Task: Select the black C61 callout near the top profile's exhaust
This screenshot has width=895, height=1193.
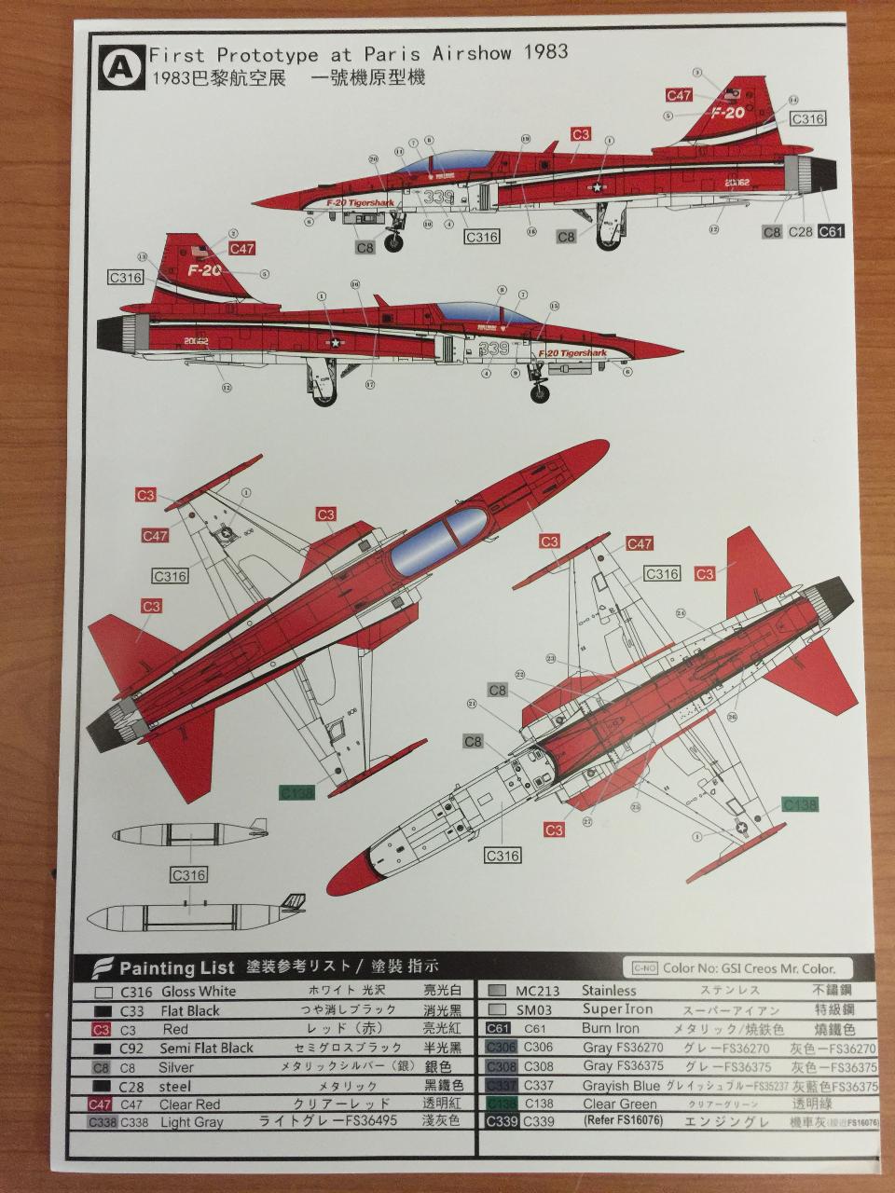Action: pyautogui.click(x=831, y=231)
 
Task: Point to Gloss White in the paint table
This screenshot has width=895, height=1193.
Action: pyautogui.click(x=199, y=991)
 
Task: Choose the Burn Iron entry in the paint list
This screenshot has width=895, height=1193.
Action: pyautogui.click(x=611, y=1028)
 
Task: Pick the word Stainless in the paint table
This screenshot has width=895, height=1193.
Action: pyautogui.click(x=609, y=990)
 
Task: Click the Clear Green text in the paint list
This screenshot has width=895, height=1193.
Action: pyautogui.click(x=620, y=1104)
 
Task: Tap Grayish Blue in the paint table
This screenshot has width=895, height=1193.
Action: pyautogui.click(x=621, y=1085)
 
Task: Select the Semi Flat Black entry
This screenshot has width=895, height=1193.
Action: pyautogui.click(x=207, y=1048)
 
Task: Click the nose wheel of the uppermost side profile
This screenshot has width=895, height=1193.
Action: pyautogui.click(x=394, y=243)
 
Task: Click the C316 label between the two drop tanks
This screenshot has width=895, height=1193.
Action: pyautogui.click(x=188, y=875)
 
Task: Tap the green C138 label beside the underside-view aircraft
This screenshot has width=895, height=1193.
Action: pyautogui.click(x=800, y=804)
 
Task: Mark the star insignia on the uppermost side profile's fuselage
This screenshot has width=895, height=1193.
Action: pyautogui.click(x=597, y=186)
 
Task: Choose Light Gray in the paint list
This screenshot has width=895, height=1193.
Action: pyautogui.click(x=191, y=1122)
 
